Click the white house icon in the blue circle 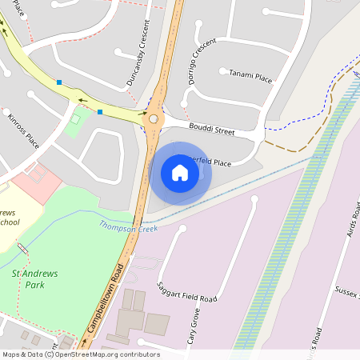coord(180,172)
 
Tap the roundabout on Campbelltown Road coord(154,119)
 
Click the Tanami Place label coord(250,77)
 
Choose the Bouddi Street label coord(211,128)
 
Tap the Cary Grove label coord(192,327)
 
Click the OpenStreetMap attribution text coord(80,354)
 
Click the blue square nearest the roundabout coord(100,112)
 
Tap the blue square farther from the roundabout coord(59,82)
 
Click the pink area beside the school coord(36,182)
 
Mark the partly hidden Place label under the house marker coord(214,162)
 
